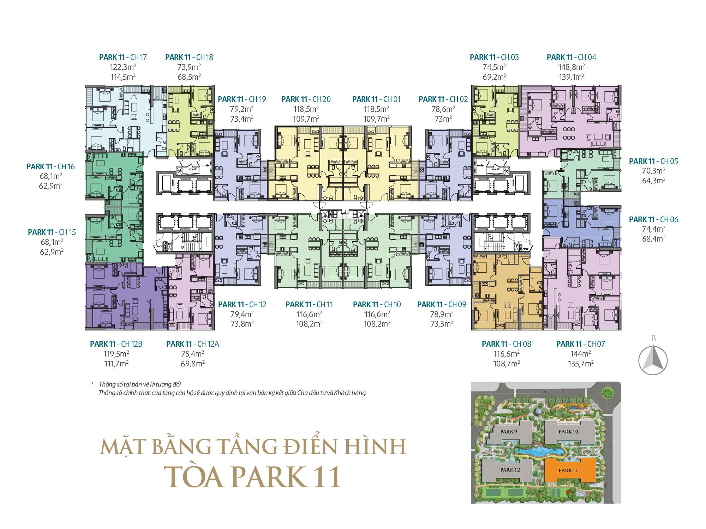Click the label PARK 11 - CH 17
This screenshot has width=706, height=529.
[123, 57]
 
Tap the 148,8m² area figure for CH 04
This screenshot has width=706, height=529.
[571, 67]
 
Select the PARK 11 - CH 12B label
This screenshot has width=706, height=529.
[116, 344]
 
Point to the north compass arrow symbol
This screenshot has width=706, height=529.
[653, 360]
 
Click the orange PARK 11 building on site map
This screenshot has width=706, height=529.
[568, 470]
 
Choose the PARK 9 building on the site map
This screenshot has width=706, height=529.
[508, 432]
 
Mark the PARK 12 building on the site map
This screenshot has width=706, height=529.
[510, 470]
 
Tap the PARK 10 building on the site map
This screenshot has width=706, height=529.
[568, 432]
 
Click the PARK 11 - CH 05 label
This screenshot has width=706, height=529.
[653, 161]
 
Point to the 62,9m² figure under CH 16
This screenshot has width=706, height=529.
[50, 186]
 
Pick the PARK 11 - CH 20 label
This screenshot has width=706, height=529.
[306, 99]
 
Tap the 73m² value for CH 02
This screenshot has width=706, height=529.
[443, 119]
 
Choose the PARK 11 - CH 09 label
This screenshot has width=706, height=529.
[442, 304]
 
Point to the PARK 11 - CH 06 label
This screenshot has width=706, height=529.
[653, 219]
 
